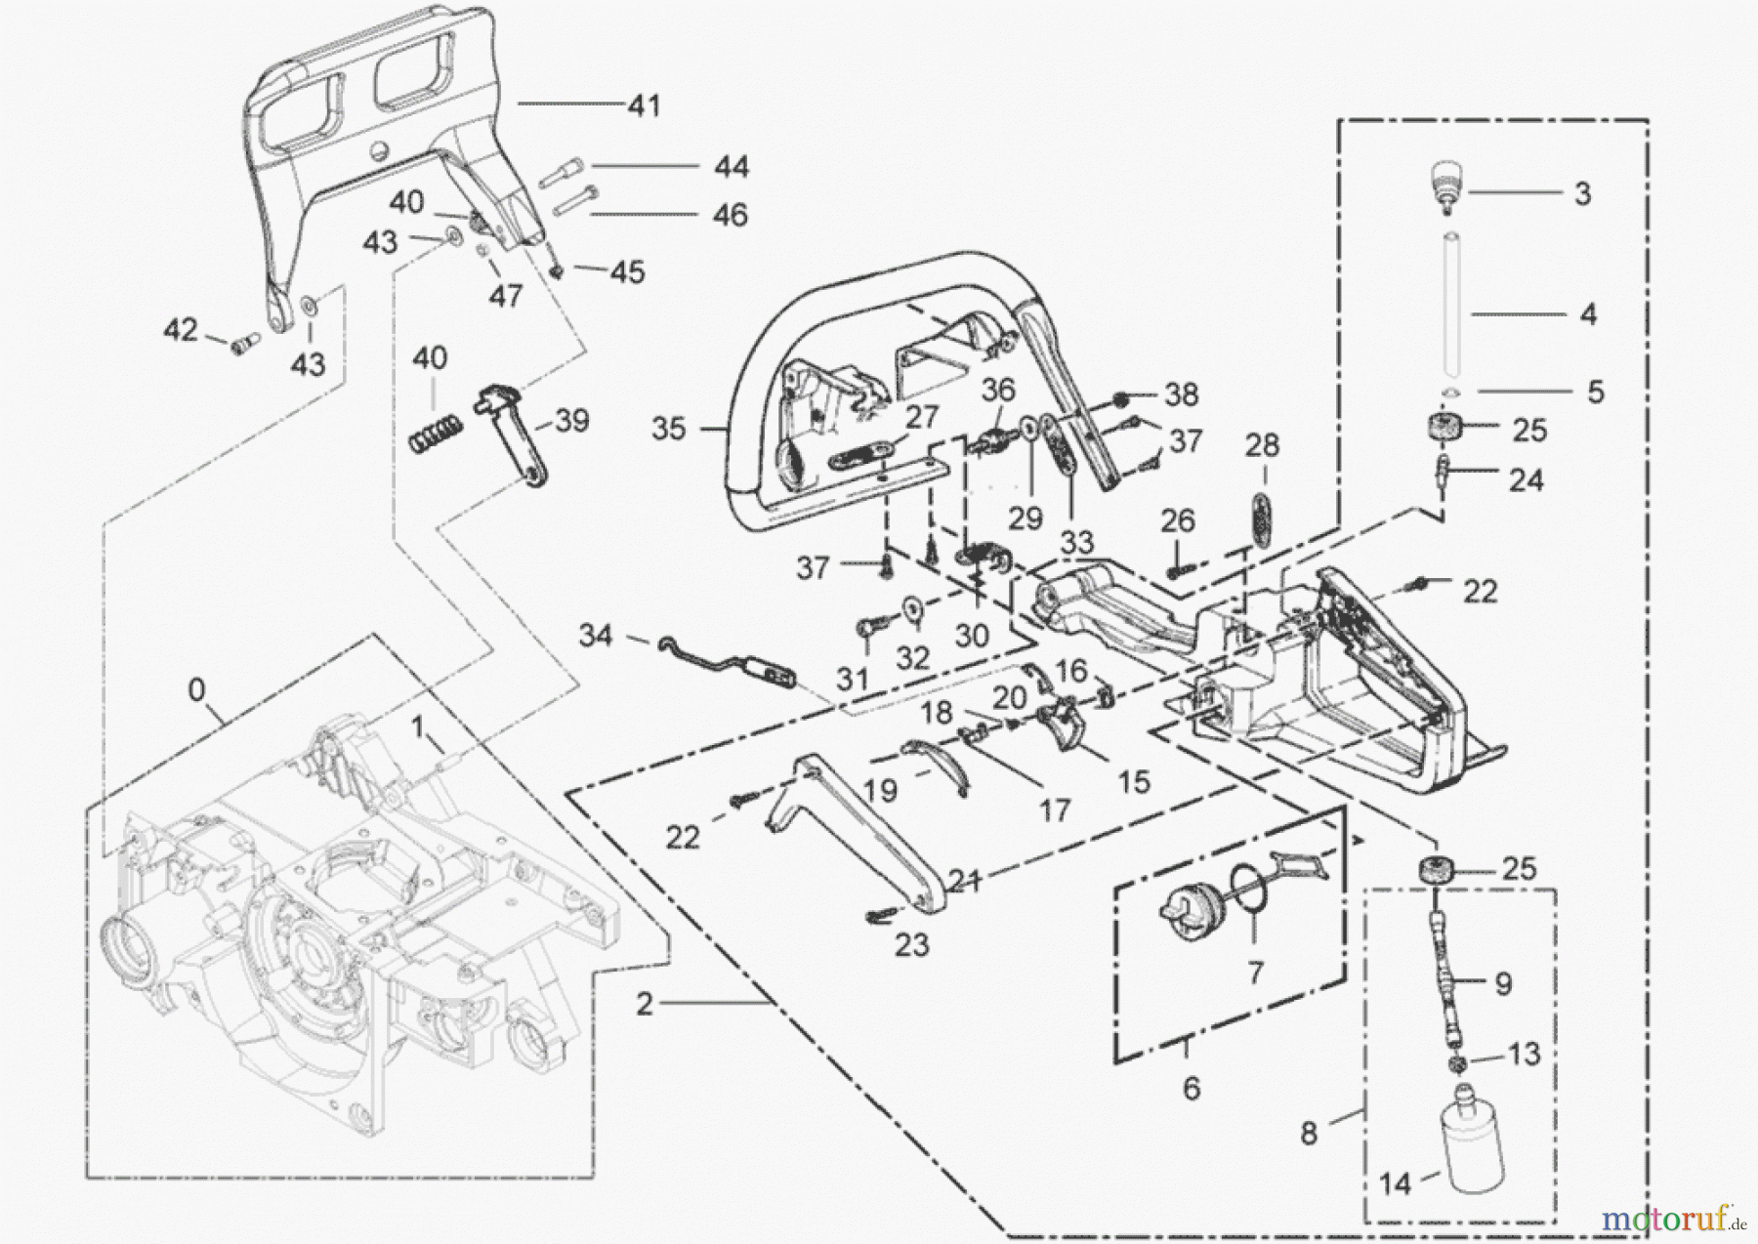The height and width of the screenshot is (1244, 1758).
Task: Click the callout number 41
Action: pyautogui.click(x=644, y=104)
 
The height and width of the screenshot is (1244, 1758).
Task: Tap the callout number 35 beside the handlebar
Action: pyautogui.click(x=669, y=429)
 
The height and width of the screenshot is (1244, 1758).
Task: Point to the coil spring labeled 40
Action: pyautogui.click(x=434, y=431)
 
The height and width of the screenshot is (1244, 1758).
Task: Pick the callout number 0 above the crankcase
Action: pyautogui.click(x=196, y=690)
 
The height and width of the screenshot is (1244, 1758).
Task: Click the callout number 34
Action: pyautogui.click(x=596, y=637)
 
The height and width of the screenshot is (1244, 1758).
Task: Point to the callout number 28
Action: pyautogui.click(x=1262, y=446)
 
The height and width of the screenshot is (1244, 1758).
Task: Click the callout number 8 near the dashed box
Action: pyautogui.click(x=1309, y=1133)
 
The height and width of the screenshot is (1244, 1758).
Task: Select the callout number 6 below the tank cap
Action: pyautogui.click(x=1191, y=1088)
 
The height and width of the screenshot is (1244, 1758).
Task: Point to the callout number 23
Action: pyautogui.click(x=911, y=945)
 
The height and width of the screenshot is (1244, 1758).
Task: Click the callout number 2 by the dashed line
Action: pyautogui.click(x=644, y=1004)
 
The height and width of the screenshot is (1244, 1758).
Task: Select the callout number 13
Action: pyautogui.click(x=1524, y=1054)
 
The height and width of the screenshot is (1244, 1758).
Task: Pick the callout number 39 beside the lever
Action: pyautogui.click(x=571, y=421)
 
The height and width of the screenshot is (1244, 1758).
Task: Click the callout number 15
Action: pyautogui.click(x=1133, y=781)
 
